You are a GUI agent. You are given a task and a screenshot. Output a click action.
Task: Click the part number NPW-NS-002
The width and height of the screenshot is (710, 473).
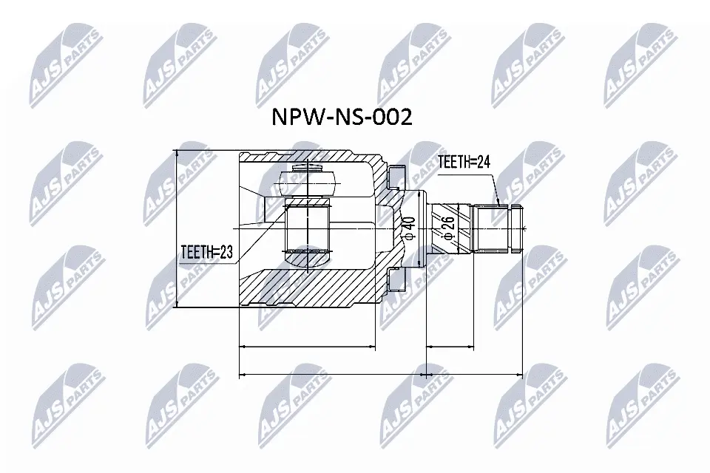342,118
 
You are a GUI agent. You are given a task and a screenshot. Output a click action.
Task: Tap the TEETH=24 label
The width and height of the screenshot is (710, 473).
464,161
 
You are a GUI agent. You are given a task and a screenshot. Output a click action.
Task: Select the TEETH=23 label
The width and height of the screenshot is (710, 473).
206,252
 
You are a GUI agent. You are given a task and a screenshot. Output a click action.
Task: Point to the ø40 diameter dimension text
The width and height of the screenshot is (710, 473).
409,228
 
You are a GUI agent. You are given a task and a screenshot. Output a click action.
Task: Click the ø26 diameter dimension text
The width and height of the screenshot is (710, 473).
448,228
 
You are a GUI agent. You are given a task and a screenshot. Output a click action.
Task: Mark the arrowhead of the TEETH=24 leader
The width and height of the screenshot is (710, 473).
498,203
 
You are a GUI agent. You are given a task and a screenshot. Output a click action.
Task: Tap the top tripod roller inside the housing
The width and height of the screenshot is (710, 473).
308,183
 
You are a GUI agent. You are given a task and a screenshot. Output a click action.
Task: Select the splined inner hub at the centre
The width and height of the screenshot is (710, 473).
308,224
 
